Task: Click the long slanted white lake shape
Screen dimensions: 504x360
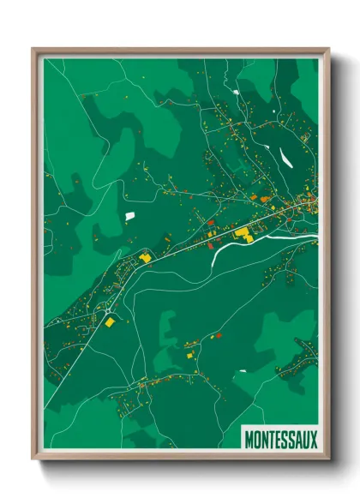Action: point(285,158)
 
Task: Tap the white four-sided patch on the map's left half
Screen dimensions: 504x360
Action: point(130,215)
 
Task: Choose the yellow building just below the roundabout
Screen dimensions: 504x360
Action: point(110,321)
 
